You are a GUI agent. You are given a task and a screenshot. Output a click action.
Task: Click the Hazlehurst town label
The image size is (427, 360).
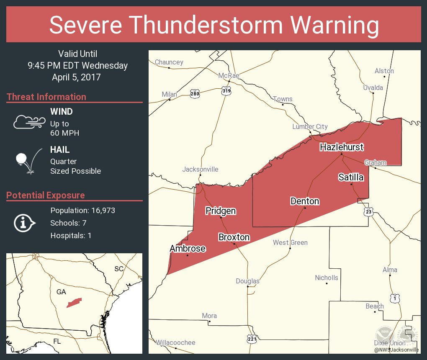click(x=342, y=147)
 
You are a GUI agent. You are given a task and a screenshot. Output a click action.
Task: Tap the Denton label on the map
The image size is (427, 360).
click(x=305, y=201)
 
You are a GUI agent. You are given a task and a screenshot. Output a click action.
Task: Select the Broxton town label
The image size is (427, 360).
click(x=234, y=237)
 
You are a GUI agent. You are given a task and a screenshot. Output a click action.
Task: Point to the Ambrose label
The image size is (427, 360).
click(x=187, y=249)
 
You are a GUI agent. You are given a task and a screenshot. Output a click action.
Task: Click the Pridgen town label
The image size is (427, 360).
click(x=221, y=211)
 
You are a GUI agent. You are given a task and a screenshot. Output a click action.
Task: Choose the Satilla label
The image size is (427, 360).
click(x=351, y=177)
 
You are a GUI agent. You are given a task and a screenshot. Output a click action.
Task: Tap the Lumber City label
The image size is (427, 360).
click(x=310, y=127)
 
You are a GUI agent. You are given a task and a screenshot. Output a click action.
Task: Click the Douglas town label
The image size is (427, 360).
click(x=247, y=281)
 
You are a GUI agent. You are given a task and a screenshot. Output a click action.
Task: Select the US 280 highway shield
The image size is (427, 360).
click(x=194, y=93)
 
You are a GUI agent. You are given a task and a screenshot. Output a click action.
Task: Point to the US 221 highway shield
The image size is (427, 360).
click(x=251, y=338)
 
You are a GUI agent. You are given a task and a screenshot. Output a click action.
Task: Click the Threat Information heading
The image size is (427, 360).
click(x=46, y=97)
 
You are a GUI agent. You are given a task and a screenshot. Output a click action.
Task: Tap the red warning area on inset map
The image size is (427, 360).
click(x=74, y=302)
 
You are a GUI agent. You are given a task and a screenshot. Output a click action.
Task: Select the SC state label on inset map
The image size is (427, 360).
click(x=119, y=269)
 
